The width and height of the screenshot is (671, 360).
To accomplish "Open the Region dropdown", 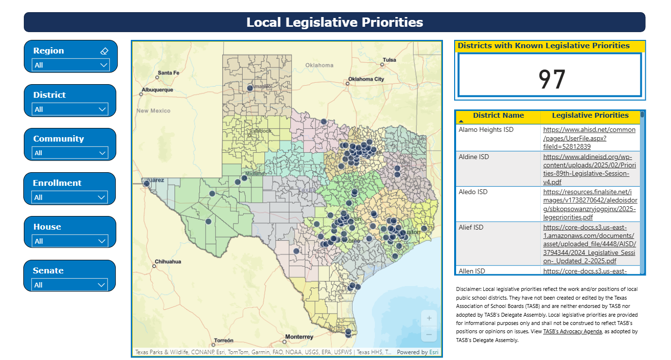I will pos(71,65).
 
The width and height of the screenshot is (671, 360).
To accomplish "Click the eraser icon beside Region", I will pos(104,51).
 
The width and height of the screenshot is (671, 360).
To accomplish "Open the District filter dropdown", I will pos(71,109).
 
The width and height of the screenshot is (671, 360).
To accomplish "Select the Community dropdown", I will pos(71,153).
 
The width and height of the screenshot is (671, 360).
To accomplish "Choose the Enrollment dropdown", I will pos(71,197).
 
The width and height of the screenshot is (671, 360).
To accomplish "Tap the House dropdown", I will pos(71,241).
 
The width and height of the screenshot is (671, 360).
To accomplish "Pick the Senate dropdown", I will pos(71,285).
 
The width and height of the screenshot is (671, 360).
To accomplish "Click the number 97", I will pos(552,79).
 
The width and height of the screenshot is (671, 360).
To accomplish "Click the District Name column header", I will pos(498,116).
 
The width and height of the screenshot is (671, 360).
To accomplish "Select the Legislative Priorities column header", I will pos(590,116).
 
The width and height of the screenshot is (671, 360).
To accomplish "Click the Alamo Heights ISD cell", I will pos(486,130).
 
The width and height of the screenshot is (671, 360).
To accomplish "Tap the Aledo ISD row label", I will pos(472,192).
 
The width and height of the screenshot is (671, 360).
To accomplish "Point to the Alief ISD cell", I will pos(471,227).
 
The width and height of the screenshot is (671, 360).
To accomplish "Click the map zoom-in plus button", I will pos(429,319).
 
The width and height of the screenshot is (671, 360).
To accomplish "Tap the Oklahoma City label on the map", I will pos(366,79).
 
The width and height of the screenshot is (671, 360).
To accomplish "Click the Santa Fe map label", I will pos(168,73).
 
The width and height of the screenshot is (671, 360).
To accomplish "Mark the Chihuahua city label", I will pos(168,262).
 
